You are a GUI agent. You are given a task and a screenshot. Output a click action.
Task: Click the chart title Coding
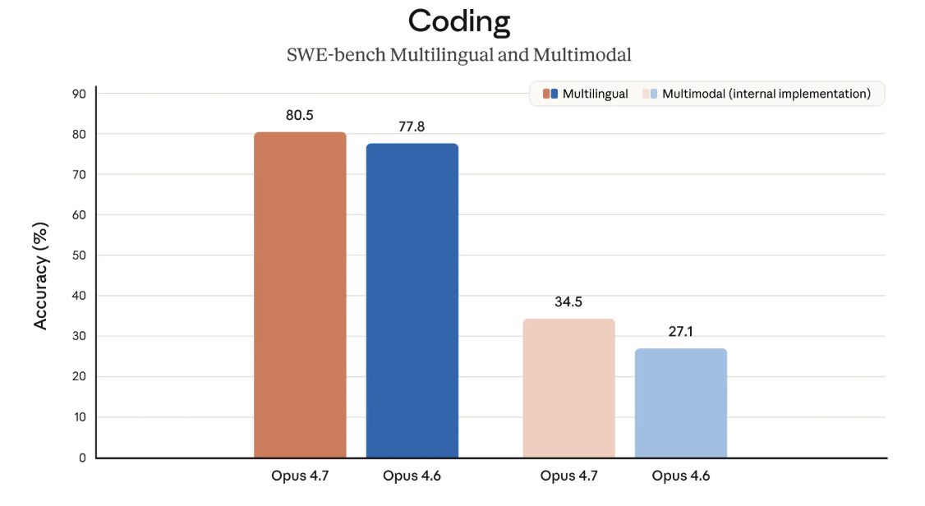coord(460,21)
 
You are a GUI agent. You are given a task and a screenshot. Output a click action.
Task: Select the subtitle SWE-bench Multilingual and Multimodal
coord(459,56)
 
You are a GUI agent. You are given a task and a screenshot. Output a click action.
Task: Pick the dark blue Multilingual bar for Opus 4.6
coord(412,300)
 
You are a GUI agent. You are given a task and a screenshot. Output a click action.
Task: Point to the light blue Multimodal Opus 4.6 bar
coord(680,402)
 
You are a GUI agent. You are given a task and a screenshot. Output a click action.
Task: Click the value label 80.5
coord(300,116)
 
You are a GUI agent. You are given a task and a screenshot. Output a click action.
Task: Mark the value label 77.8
coord(412,127)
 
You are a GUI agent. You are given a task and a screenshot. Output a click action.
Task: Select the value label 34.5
coord(568,302)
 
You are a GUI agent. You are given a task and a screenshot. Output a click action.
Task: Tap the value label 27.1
coord(680,333)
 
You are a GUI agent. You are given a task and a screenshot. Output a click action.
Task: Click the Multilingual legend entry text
coord(596,94)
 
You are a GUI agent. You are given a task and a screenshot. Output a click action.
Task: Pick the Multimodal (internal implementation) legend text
coord(766,94)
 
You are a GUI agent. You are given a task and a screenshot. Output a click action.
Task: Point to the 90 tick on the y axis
coord(79,94)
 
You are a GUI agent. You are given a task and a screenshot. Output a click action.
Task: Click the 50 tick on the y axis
coord(79,255)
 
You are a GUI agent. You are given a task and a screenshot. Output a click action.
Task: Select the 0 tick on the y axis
coord(82,458)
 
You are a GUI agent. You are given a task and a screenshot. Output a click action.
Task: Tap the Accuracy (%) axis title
coord(41,275)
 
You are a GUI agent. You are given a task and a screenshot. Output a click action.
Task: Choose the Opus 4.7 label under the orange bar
coord(300,476)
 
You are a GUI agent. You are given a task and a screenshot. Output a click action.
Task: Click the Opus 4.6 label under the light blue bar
coord(680,476)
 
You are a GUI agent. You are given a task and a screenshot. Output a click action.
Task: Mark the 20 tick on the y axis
coord(79,377)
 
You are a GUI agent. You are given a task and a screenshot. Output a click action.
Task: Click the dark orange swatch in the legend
coord(546,94)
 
